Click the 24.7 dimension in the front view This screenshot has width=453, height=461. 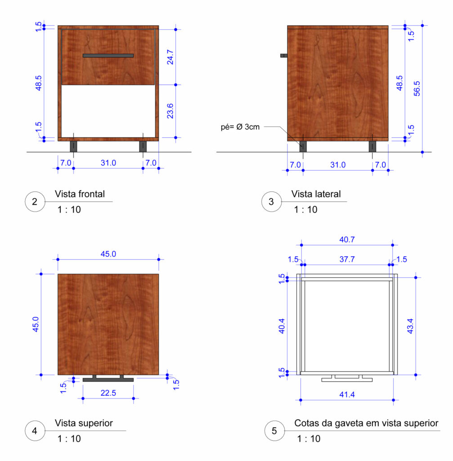pyautogui.click(x=170, y=57)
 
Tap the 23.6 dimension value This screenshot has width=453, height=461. pyautogui.click(x=170, y=111)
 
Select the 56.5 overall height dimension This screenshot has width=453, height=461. pyautogui.click(x=417, y=89)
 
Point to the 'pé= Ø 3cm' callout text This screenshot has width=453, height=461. pyautogui.click(x=240, y=127)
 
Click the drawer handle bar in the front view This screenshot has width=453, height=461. pyautogui.click(x=108, y=55)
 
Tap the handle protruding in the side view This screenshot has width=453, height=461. pyautogui.click(x=284, y=55)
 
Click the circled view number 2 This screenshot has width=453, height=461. pyautogui.click(x=35, y=202)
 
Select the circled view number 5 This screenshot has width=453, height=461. pyautogui.click(x=274, y=431)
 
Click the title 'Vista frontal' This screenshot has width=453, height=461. pyautogui.click(x=80, y=194)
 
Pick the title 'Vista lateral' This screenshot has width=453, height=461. pyautogui.click(x=316, y=194)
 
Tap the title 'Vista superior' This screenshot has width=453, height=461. pyautogui.click(x=84, y=423)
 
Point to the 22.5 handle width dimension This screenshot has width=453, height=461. pyautogui.click(x=108, y=393)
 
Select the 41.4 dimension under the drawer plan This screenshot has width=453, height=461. pyautogui.click(x=347, y=394)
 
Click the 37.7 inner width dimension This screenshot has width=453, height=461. pyautogui.click(x=347, y=259)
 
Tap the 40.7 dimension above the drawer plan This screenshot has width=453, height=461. pyautogui.click(x=347, y=240)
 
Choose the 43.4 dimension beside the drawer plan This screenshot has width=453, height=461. pyautogui.click(x=410, y=326)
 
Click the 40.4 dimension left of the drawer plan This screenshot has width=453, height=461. pyautogui.click(x=282, y=326)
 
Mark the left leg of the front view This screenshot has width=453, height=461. pyautogui.click(x=73, y=146)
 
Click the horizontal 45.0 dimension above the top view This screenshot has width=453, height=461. pyautogui.click(x=108, y=254)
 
